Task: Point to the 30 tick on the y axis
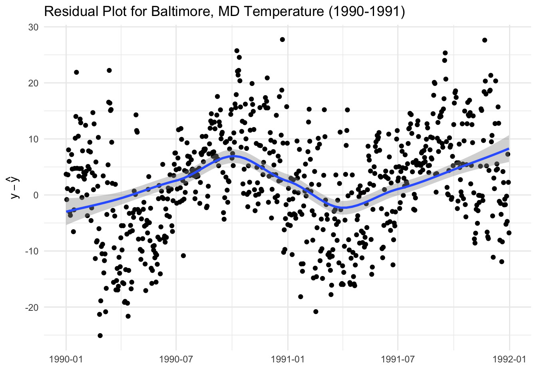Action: [33, 27]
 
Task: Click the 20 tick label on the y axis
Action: [33, 83]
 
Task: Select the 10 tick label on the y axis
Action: [33, 139]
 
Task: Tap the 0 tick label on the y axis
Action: [36, 195]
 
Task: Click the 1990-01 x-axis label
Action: [66, 359]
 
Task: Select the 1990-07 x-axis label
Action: [176, 359]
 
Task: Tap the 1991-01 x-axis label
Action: [288, 359]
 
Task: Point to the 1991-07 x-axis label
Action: [398, 359]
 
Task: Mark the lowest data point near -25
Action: [100, 336]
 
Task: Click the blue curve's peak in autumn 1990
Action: [233, 156]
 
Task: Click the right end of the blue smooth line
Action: [509, 148]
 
